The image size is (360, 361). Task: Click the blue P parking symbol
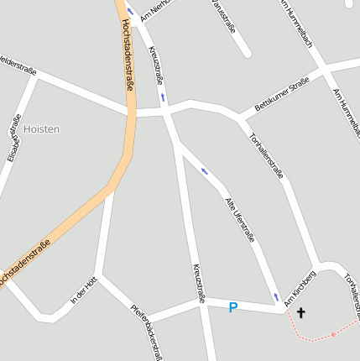[233, 308]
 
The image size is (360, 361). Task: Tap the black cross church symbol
[300, 313]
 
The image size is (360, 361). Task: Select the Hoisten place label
[42, 128]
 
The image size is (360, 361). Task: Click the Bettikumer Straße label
[282, 95]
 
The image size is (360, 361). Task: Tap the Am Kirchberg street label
[300, 287]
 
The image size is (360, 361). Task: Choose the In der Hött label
[85, 290]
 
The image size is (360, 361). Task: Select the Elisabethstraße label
[13, 137]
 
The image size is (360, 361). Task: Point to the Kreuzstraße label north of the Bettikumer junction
[156, 65]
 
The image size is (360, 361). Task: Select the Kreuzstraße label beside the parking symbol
[199, 281]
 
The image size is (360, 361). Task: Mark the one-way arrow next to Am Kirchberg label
[276, 297]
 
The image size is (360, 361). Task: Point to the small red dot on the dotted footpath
[333, 334]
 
